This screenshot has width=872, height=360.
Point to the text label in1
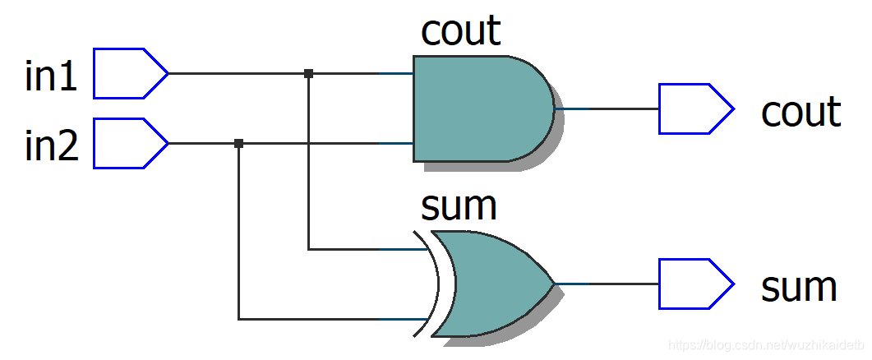point(52,76)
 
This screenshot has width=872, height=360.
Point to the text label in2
point(52,146)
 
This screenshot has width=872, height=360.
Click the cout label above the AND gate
point(460,30)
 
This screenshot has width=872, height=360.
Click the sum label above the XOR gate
point(459,206)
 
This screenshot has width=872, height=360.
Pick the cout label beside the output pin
point(800,112)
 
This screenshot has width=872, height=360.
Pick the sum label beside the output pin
point(799,288)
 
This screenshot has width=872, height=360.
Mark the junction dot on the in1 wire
point(308,73)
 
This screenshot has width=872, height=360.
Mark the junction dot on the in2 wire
point(238,143)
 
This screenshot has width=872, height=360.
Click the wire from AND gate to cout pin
point(608,108)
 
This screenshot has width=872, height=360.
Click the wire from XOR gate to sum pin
point(608,284)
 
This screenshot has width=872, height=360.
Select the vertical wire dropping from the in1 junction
point(308,164)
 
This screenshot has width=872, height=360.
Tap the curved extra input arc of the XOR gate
point(434,283)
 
